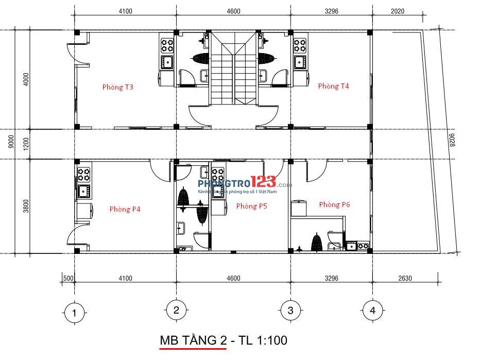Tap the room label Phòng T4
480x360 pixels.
click(333, 86)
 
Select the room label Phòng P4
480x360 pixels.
click(125, 209)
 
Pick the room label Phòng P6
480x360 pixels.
click(334, 204)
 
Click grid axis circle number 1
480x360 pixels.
click(74, 312)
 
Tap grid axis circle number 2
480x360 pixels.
click(176, 310)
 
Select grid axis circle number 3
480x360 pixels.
click(290, 311)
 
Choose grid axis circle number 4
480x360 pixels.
click(372, 311)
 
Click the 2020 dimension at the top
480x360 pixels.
click(398, 11)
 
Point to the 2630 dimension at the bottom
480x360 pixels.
click(405, 278)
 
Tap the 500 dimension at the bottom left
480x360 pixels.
click(67, 278)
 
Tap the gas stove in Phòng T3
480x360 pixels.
click(167, 45)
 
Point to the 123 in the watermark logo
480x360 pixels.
click(263, 182)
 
